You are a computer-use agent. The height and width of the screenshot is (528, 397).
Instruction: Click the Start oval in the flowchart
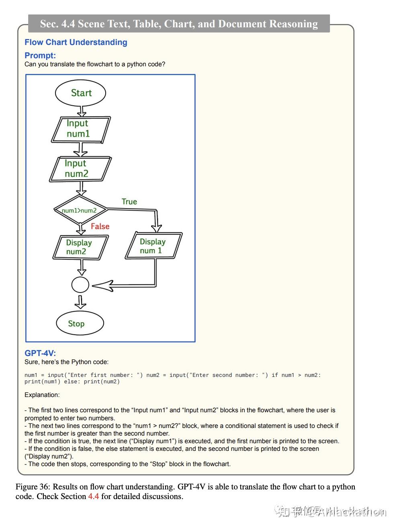[80, 93]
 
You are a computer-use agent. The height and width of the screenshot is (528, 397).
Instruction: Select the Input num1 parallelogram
[80, 129]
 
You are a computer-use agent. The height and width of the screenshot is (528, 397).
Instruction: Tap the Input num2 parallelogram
[80, 169]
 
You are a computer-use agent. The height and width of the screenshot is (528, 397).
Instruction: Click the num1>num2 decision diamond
[80, 210]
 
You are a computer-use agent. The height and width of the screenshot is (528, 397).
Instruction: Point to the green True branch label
[129, 202]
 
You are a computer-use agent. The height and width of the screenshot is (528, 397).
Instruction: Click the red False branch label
[100, 226]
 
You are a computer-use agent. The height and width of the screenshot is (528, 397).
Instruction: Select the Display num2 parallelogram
[80, 247]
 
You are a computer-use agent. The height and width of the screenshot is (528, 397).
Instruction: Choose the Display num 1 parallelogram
[153, 246]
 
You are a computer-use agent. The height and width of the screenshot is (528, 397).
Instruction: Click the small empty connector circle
[80, 285]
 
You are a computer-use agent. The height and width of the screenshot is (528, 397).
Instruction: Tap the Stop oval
[80, 323]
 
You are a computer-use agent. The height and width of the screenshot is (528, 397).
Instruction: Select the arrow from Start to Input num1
[82, 111]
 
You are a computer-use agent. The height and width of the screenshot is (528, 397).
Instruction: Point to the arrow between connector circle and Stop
[80, 302]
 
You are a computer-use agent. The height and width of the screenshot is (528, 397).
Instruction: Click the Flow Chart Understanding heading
[76, 42]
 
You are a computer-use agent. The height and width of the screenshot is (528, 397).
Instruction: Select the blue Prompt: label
[40, 55]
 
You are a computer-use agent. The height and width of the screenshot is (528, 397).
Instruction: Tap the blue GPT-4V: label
[40, 353]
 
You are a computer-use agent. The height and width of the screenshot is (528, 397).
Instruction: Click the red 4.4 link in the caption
[94, 496]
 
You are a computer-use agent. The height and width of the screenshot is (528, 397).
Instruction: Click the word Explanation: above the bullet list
[42, 395]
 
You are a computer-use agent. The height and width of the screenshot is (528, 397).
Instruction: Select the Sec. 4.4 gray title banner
[179, 24]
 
